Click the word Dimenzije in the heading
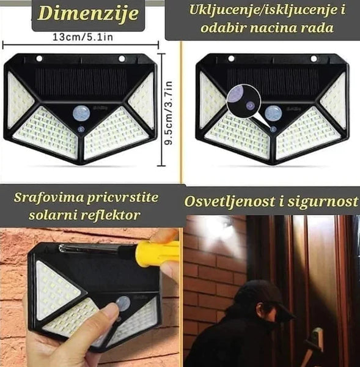88,13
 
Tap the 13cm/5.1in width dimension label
83,37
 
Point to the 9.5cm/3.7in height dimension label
168,113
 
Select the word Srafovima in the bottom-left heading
49,198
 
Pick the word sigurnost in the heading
322,201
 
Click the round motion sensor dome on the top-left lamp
81,113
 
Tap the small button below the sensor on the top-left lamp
81,129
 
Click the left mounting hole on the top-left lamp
39,59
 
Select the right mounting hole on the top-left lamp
122,59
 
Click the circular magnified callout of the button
244,101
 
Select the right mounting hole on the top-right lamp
314,59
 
